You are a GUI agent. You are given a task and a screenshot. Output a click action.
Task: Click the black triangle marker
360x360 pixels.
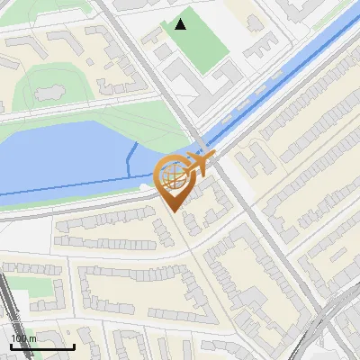[181, 24]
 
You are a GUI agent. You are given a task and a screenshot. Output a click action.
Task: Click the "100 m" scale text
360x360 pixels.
[23, 338]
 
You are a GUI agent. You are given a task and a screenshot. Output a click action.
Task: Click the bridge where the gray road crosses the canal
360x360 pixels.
[208, 144]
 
